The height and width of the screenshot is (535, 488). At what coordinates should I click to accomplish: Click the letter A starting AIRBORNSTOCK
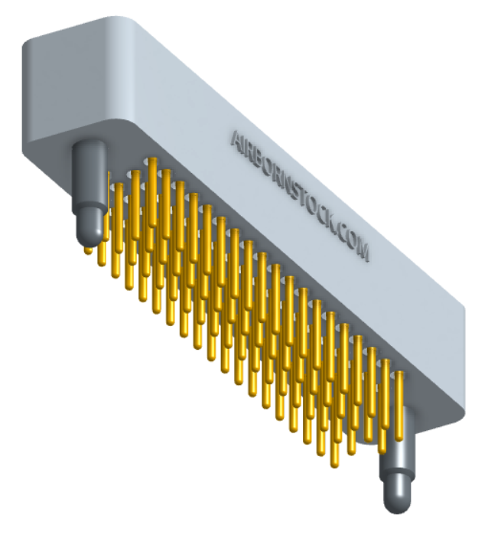236,138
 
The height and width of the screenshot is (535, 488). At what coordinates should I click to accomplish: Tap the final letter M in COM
364,251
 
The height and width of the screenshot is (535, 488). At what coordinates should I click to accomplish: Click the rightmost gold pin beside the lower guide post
400,406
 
